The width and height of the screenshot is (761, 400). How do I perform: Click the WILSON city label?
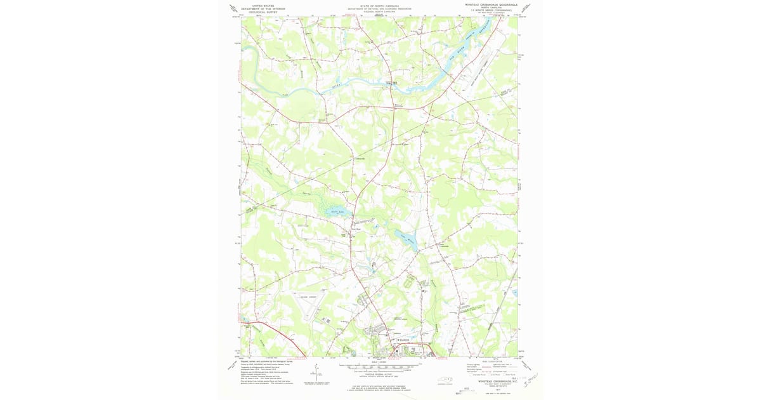tap(404, 340)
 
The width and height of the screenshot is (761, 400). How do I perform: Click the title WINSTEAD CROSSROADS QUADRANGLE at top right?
tap(491, 4)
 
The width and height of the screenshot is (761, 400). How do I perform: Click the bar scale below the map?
tap(379, 367)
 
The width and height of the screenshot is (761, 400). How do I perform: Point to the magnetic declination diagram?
tap(315, 375)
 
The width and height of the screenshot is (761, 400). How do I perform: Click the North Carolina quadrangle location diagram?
tap(448, 381)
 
